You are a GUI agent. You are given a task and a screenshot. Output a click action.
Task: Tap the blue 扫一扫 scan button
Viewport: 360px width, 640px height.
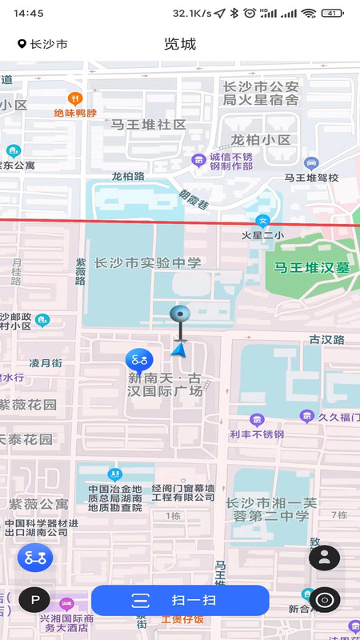coord(180,600)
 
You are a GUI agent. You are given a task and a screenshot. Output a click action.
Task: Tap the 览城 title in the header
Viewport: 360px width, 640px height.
coord(180,44)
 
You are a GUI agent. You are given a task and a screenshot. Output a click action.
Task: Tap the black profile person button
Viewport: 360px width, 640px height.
coord(324,558)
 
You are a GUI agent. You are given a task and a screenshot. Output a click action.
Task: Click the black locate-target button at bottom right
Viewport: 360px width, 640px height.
coord(324,599)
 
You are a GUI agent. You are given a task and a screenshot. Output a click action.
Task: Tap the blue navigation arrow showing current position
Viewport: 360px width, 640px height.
coord(180,348)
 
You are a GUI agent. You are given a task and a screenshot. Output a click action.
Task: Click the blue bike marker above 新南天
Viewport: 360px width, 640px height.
coord(138,360)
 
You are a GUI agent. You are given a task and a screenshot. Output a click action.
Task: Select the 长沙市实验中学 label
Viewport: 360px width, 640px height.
coord(148,262)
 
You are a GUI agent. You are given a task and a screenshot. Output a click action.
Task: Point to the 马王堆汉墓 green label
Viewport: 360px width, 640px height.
coord(312,268)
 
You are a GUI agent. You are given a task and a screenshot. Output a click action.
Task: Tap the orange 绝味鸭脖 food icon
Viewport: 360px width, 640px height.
coord(75,99)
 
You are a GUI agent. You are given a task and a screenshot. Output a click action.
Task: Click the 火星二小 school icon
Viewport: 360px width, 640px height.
coord(262,221)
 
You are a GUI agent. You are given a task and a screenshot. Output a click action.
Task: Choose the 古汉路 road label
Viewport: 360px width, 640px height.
coord(327,339)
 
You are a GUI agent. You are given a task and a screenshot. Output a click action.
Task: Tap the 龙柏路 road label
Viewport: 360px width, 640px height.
coord(128,176)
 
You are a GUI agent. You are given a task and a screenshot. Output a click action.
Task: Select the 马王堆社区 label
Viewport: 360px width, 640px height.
coord(148,125)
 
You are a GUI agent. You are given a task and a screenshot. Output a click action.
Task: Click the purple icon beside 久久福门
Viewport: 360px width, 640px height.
coord(306,416)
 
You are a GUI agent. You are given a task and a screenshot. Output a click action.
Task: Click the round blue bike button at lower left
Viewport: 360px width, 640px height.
coord(35,558)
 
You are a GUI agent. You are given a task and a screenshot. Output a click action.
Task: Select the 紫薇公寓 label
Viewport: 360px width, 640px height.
coord(38,504)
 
